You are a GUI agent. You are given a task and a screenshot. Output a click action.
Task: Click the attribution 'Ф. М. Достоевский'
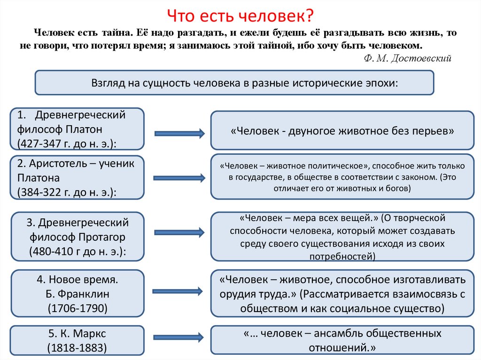[x=408, y=58]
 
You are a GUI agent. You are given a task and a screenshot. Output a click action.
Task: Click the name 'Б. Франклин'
[x=78, y=294]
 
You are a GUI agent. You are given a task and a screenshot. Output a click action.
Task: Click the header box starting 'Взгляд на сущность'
[x=234, y=83]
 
